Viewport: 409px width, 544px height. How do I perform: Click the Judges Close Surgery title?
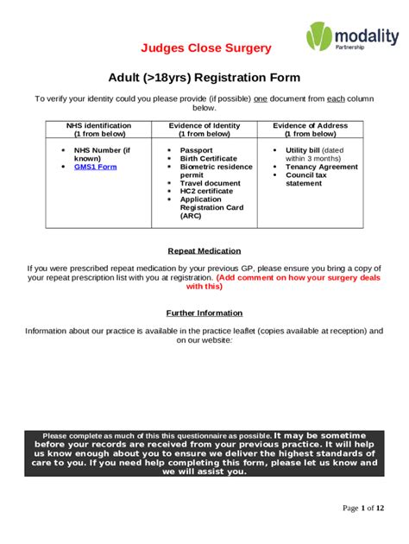tap(206, 48)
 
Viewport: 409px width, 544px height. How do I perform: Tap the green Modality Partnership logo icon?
tap(318, 39)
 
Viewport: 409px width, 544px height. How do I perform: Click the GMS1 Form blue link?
tap(95, 167)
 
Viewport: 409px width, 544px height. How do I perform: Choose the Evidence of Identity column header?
tap(204, 130)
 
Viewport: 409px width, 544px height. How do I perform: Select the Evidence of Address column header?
tap(310, 130)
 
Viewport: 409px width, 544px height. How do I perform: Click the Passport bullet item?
tap(196, 150)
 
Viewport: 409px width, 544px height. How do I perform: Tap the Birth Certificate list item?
tap(208, 159)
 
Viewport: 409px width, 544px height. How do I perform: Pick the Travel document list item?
tap(210, 183)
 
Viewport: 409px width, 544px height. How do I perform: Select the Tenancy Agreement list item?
tap(321, 167)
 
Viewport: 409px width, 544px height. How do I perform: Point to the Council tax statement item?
tap(305, 179)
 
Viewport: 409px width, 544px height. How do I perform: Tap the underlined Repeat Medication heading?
tap(204, 250)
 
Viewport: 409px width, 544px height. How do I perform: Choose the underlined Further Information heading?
tap(204, 313)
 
